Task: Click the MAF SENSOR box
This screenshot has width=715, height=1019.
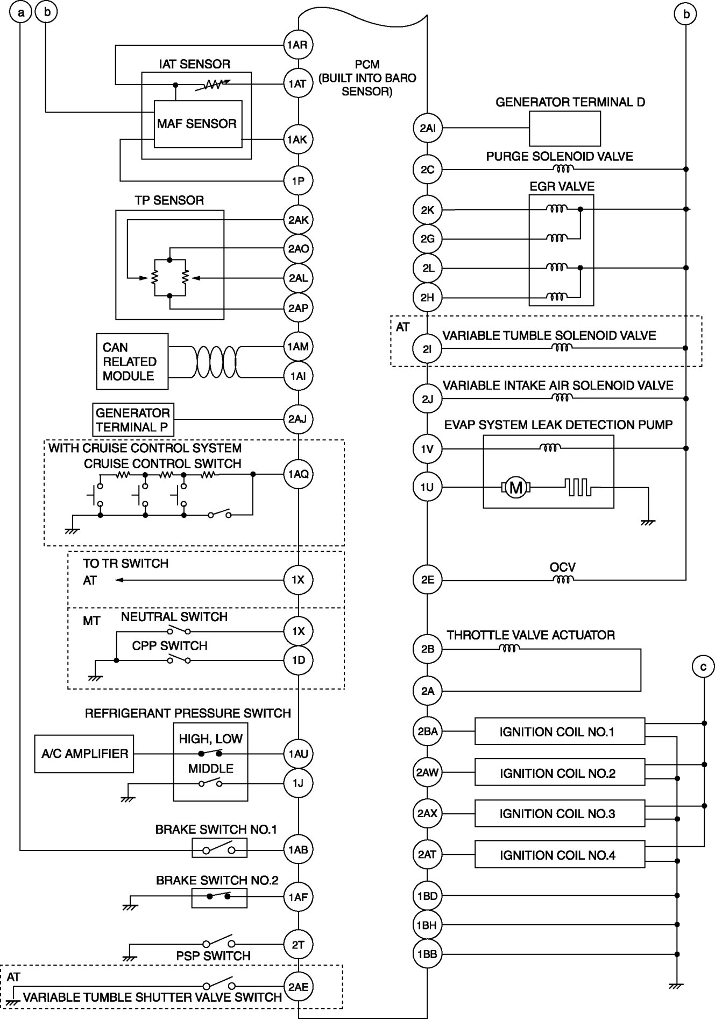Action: point(197,124)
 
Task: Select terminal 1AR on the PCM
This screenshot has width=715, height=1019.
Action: point(298,45)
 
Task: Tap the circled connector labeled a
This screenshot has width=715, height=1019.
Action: point(21,13)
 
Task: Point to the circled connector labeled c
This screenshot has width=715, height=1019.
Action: point(703,667)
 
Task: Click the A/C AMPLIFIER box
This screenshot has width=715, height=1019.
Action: point(84,754)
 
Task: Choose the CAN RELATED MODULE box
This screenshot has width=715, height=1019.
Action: point(132,362)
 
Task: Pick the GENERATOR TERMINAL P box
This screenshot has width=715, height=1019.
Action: point(133,420)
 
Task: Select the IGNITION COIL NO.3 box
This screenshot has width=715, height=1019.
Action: point(559,813)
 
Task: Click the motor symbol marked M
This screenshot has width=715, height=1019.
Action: point(516,488)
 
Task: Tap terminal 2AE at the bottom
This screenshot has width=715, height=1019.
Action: point(298,987)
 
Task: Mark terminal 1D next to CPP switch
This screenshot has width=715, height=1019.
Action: point(298,660)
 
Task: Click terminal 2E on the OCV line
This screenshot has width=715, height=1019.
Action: point(427,580)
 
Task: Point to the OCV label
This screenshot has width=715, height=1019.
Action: point(563,567)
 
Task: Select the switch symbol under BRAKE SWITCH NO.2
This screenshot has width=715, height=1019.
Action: point(219,897)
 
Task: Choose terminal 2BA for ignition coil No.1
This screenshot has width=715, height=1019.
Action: point(427,732)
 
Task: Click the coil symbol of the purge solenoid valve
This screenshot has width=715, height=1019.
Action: point(563,169)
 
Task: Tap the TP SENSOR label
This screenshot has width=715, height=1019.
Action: point(169,200)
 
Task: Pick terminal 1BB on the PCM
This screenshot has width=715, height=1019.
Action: point(427,954)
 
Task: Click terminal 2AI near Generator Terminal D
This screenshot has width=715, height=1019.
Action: point(427,128)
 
